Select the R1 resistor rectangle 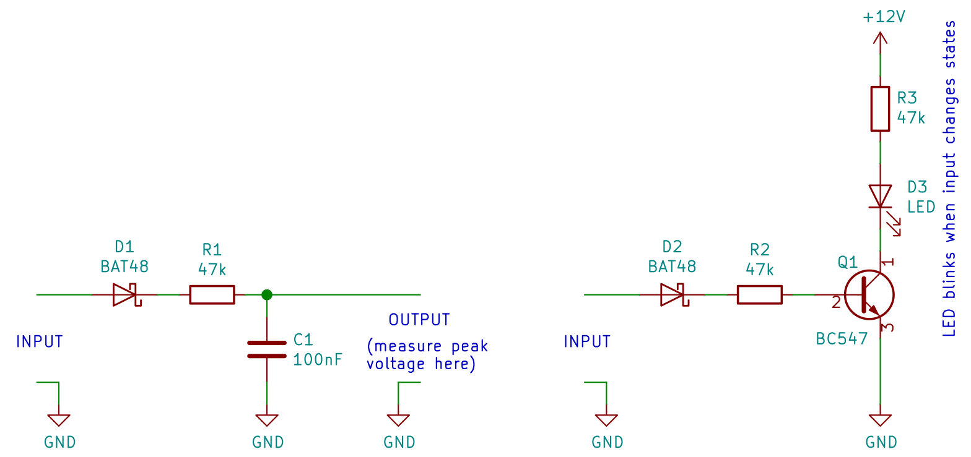click(212, 295)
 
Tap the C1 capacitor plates click(267, 349)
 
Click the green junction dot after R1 click(267, 295)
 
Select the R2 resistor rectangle click(759, 295)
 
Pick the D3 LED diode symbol click(880, 197)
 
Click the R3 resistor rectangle click(880, 109)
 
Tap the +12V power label click(884, 17)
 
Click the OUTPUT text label click(419, 320)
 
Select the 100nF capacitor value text click(318, 359)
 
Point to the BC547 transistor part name click(842, 338)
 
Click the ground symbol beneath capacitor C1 click(267, 420)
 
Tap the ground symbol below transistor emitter click(880, 420)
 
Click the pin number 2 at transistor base click(836, 303)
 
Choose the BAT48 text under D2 click(672, 267)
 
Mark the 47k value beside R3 click(911, 117)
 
